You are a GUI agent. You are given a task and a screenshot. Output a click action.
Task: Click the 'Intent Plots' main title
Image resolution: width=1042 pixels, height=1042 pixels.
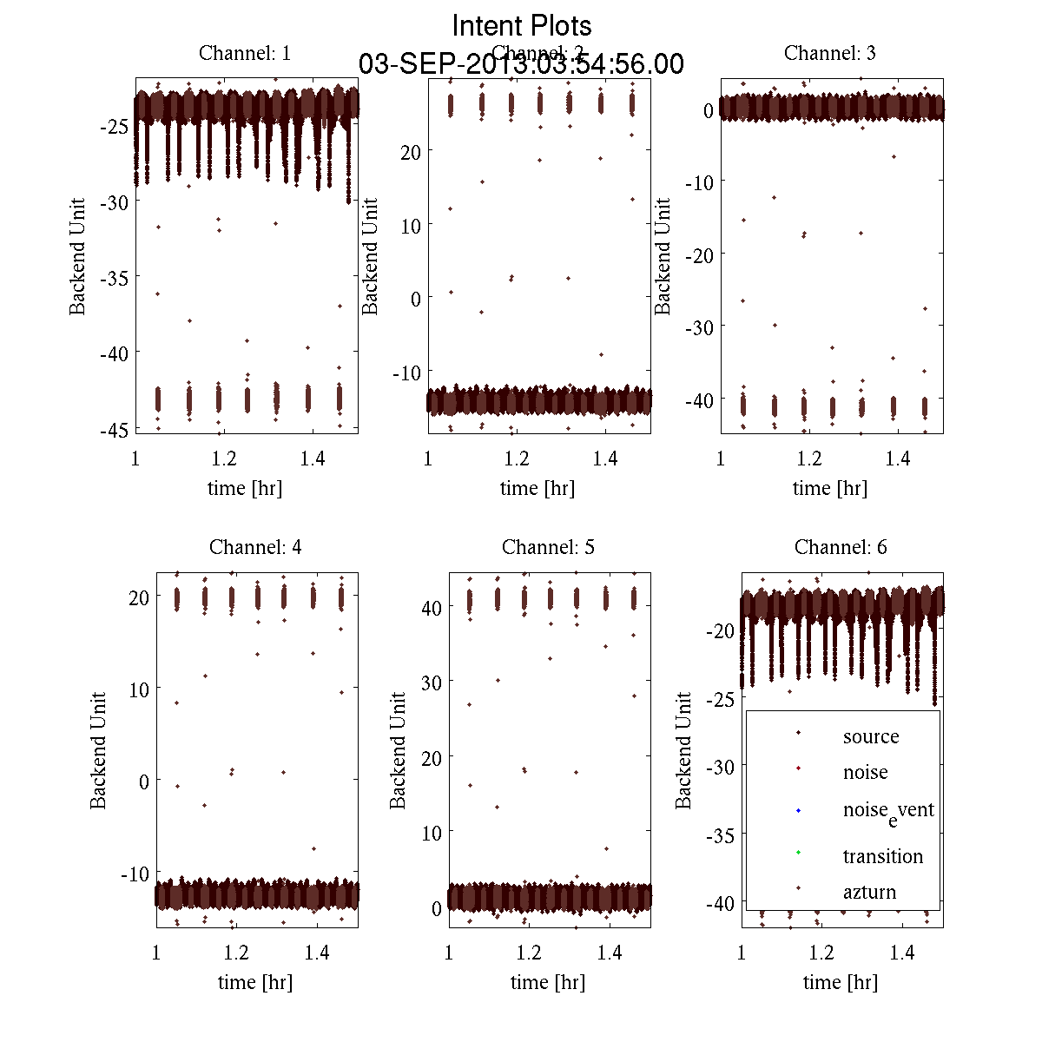pos(522,25)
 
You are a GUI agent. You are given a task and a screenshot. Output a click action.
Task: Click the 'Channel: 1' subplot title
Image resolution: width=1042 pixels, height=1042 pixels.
pos(245,53)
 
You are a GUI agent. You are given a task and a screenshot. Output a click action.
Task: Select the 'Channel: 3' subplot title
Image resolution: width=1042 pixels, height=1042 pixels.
pos(829,53)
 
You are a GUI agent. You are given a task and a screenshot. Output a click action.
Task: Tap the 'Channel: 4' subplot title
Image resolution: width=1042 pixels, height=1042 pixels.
pos(255,547)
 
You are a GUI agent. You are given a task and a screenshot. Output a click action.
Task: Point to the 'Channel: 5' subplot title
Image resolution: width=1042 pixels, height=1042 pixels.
pos(548,547)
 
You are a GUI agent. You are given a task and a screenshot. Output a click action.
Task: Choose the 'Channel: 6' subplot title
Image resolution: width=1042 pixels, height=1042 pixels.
pos(841,547)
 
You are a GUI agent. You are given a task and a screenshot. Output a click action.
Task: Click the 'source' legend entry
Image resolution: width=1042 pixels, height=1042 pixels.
pos(870,736)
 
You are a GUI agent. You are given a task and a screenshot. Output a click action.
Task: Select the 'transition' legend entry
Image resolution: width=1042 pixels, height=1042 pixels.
pos(882,856)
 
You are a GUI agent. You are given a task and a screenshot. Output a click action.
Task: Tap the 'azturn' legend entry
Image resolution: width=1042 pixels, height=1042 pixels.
pos(869,892)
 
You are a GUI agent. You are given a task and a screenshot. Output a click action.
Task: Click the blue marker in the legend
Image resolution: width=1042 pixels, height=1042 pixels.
pos(798,811)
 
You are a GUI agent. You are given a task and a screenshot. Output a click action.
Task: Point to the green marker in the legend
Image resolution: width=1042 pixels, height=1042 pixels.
pos(798,853)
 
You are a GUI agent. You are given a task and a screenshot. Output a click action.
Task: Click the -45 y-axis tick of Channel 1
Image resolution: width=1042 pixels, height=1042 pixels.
pos(114,429)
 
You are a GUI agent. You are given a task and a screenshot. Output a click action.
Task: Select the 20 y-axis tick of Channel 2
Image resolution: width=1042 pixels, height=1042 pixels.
pos(410,152)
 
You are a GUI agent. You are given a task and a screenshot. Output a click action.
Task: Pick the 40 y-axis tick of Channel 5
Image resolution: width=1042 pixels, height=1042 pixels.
pos(431,608)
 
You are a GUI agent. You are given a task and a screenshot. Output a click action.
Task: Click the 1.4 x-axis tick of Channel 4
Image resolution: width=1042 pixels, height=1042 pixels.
pos(317,953)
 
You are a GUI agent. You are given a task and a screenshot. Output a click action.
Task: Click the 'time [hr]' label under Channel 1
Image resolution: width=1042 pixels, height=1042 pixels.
pos(245,488)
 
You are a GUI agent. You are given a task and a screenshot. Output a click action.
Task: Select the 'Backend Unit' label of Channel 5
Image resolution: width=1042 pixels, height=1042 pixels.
pos(398,750)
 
